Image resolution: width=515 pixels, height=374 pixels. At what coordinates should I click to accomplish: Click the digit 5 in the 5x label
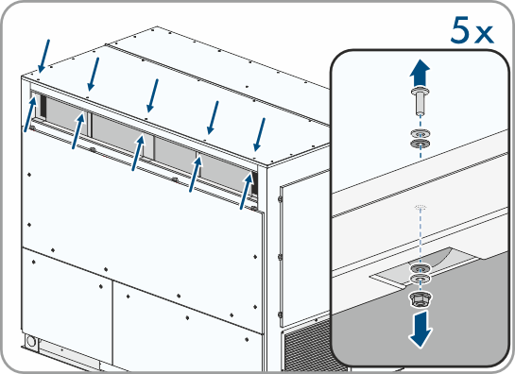coord(461,30)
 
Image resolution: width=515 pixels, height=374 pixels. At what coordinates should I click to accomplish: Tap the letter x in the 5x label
coord(484,35)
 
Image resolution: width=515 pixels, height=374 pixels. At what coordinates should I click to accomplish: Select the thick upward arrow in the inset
coord(420,73)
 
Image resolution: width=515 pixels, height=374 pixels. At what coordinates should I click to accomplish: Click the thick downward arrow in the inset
coord(421,330)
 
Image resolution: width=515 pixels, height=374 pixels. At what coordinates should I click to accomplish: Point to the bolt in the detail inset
coord(420,100)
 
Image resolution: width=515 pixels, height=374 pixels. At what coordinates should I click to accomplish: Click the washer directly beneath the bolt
coord(421,134)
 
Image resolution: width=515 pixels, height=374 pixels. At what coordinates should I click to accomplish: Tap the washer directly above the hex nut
coord(421,279)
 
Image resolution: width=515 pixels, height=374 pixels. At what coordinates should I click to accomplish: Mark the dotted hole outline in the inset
coord(421,207)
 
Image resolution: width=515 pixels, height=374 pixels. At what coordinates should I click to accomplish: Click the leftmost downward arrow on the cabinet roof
coord(44,56)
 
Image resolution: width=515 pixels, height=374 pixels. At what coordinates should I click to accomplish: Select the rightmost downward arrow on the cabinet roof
coord(260,135)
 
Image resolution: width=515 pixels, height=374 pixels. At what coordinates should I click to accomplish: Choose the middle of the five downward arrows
coord(152,95)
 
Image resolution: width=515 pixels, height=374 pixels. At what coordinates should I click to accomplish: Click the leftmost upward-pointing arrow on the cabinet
coord(30,113)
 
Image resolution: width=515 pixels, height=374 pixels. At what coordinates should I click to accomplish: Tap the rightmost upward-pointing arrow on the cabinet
coord(246,191)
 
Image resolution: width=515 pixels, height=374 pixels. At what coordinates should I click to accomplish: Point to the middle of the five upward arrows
coord(138,153)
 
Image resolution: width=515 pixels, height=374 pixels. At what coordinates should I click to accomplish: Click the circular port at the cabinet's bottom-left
coord(31,341)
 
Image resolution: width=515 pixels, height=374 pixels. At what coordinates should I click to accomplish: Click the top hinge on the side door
coord(280,198)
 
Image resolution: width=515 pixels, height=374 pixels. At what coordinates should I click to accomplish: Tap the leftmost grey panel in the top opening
coord(66,115)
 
